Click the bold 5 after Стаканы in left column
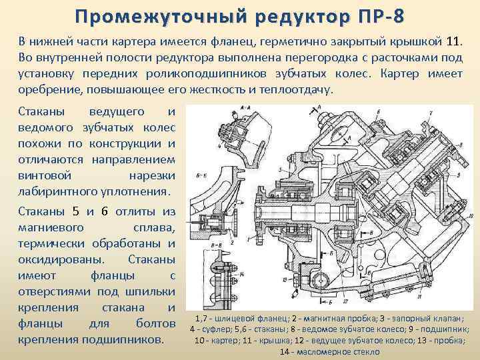[75, 212]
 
